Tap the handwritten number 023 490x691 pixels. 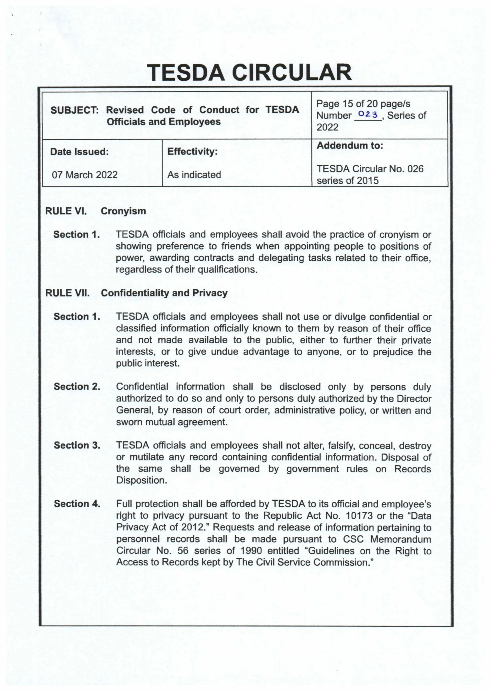[x=368, y=115]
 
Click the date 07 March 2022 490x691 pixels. [x=84, y=175]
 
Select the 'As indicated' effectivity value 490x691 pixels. [x=194, y=175]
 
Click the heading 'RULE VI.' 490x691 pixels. [x=66, y=211]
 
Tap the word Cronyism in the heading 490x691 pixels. [x=123, y=211]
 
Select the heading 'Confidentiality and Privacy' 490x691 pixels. [x=164, y=293]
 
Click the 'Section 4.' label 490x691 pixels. [x=77, y=504]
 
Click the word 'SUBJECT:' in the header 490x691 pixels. [x=74, y=110]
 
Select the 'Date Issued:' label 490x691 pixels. [x=79, y=152]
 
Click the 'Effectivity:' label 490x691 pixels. [x=192, y=151]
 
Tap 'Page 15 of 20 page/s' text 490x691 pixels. [x=363, y=104]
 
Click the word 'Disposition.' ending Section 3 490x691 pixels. [x=141, y=480]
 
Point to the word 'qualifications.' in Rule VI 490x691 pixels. [x=228, y=269]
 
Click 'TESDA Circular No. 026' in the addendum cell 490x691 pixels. [x=370, y=169]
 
